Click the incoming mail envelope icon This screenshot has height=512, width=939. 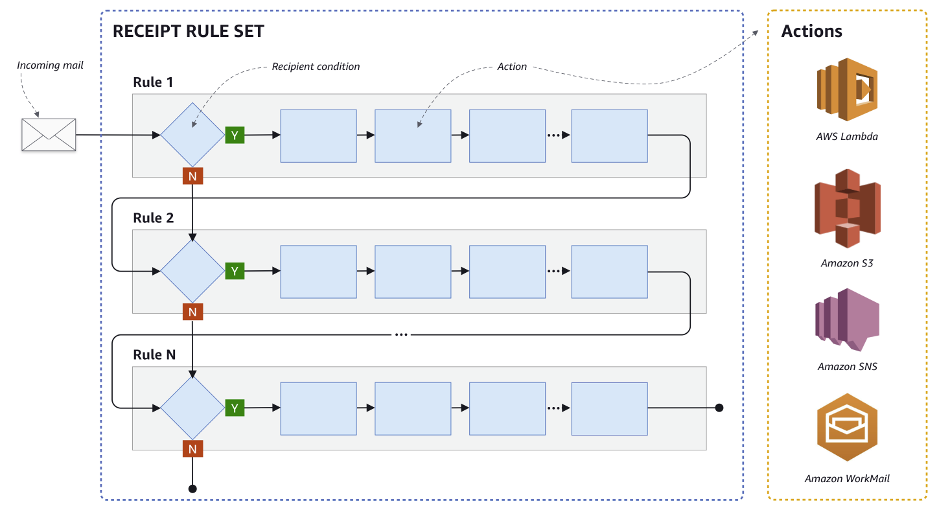coord(49,135)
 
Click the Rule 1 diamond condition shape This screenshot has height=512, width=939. coord(192,135)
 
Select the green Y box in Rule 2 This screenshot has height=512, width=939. coord(235,271)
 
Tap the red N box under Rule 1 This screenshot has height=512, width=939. coord(192,176)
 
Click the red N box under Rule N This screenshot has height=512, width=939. coord(192,448)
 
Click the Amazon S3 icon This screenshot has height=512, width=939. coord(846,209)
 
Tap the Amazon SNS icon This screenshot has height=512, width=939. coord(846,320)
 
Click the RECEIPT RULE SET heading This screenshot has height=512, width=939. coord(188,32)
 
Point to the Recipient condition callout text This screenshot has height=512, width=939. coord(316,67)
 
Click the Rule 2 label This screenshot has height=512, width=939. coord(154,218)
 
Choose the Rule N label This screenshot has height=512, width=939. coord(154,355)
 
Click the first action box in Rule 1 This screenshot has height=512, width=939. coord(318,135)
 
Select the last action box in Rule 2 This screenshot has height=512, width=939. coord(609,272)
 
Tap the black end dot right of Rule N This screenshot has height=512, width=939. coord(719,408)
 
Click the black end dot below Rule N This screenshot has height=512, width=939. coord(192,489)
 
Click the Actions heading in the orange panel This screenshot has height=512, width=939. coord(811,31)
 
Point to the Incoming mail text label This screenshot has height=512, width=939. coord(50,65)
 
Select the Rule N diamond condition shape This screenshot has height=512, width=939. coord(192,408)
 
